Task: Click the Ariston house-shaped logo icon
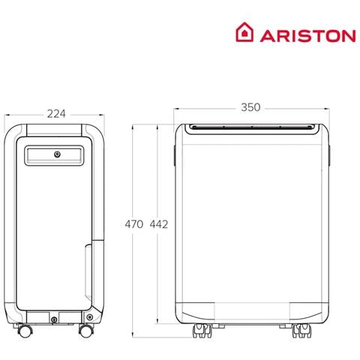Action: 244,32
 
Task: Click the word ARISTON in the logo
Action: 308,35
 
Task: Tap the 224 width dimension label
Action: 56,114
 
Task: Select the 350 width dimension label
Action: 250,107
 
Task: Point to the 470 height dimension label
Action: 134,224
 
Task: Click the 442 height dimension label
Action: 159,224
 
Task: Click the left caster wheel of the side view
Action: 25,331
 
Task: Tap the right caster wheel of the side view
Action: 86,331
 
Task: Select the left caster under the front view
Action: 202,331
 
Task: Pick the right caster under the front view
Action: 302,331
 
